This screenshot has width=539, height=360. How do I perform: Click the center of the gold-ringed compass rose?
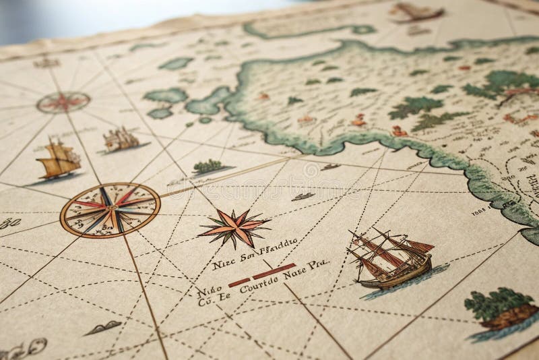click(x=110, y=210)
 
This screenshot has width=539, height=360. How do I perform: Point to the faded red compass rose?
click(x=63, y=102)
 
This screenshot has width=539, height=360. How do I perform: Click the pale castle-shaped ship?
click(x=121, y=140)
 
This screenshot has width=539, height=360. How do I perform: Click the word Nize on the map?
click(x=223, y=264)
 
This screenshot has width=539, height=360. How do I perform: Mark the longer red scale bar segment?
click(x=275, y=274)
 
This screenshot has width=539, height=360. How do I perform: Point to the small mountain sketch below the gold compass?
click(x=103, y=328)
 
